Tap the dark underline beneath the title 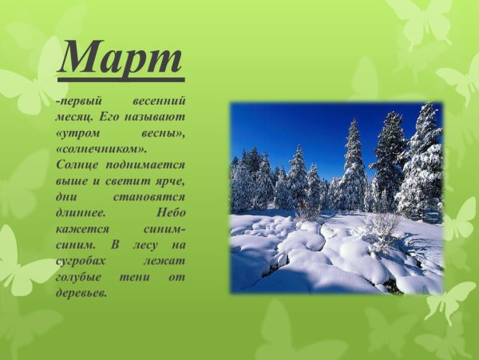point(121,80)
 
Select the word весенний point(162,103)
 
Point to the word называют point(157,118)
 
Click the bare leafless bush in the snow point(382,227)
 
